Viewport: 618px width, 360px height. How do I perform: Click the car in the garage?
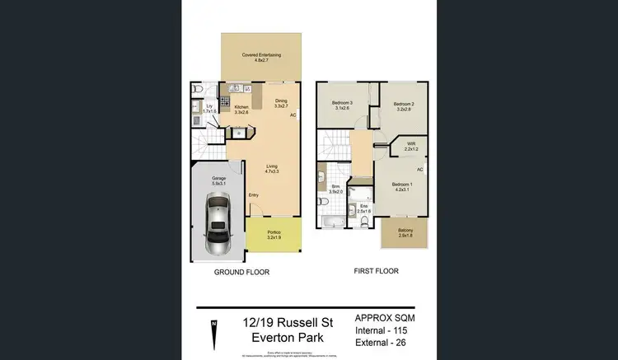(218, 224)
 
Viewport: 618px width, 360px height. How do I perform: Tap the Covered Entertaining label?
(261, 57)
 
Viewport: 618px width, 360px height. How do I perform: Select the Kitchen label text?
(241, 110)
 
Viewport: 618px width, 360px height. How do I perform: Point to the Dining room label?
(281, 104)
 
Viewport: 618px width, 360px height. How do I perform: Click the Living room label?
(271, 169)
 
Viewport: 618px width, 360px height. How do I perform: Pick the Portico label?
(274, 234)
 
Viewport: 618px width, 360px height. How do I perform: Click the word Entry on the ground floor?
(253, 195)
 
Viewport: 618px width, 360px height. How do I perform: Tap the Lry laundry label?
(209, 108)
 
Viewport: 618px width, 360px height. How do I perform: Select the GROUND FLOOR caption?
(242, 272)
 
